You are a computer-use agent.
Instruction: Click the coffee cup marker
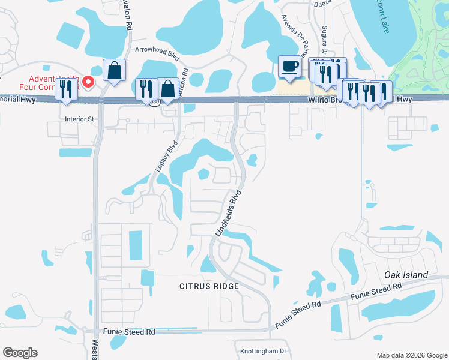click(x=290, y=67)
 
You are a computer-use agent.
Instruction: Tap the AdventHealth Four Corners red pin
click(x=89, y=82)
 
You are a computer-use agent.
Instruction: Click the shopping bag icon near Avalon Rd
click(x=114, y=70)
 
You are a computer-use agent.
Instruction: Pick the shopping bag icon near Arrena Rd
click(x=169, y=88)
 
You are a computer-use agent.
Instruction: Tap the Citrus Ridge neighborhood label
click(x=209, y=286)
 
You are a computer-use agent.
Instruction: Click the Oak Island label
click(x=406, y=275)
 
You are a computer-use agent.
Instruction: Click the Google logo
click(x=20, y=353)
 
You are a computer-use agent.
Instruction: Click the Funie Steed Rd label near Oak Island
click(x=377, y=290)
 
